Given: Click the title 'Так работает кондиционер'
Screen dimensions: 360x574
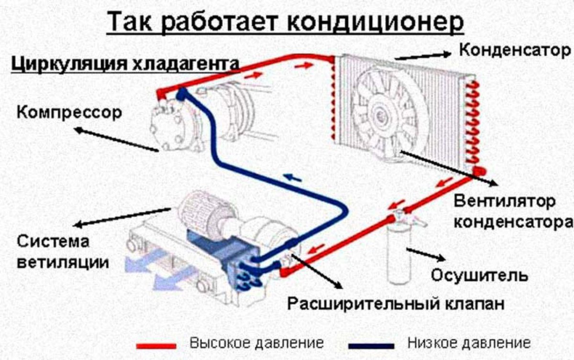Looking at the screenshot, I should coord(285,22).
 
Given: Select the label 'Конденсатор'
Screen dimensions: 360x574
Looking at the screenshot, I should coord(515,49).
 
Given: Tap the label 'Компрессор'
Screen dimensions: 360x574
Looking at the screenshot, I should coord(69,113).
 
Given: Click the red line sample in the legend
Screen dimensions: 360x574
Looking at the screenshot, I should coord(156,345).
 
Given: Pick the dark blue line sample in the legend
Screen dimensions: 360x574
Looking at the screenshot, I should coord(371,345).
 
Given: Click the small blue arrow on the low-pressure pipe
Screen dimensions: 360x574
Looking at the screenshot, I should coord(292,177).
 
